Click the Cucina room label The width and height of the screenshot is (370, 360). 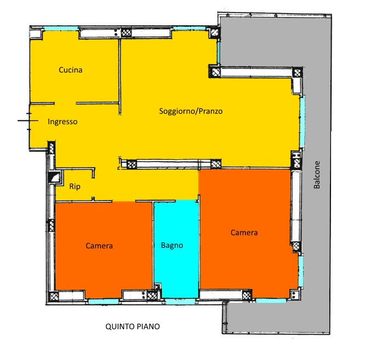(x=71, y=70)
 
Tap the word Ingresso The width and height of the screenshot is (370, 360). (x=63, y=121)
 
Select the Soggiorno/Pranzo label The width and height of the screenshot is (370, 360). (x=190, y=111)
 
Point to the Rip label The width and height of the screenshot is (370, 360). (x=75, y=186)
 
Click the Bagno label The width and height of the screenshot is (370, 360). (x=172, y=245)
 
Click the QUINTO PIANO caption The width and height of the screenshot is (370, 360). (x=132, y=326)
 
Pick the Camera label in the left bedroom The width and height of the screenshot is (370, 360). (x=99, y=246)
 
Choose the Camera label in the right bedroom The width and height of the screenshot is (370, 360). (x=244, y=232)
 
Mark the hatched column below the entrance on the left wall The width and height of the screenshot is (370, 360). (x=52, y=147)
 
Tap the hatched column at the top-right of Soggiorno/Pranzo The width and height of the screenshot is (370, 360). (x=297, y=72)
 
